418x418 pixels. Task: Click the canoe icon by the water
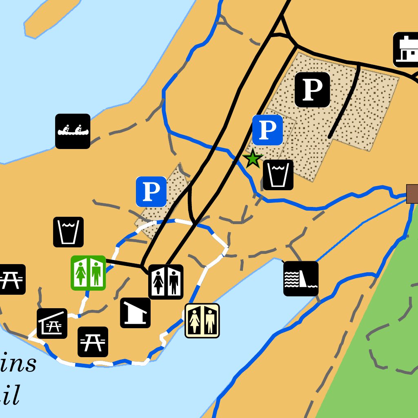click(x=73, y=131)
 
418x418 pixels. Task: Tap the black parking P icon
click(x=312, y=90)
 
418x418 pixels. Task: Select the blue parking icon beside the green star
click(x=267, y=130)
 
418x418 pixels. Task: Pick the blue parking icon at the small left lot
click(x=151, y=191)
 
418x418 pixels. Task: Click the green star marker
click(x=253, y=159)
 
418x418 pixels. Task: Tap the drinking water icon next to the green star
click(x=278, y=175)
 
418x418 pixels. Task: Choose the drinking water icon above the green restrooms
click(x=68, y=232)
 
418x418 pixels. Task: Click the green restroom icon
click(x=88, y=273)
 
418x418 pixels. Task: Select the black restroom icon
click(x=166, y=282)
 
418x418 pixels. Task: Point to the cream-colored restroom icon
click(x=202, y=320)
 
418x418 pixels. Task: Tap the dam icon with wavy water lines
click(x=301, y=278)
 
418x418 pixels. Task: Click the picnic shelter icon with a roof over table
click(x=52, y=323)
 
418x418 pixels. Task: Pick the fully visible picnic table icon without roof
click(x=93, y=342)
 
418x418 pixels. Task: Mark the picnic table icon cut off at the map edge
click(x=11, y=279)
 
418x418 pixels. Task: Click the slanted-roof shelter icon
click(x=135, y=313)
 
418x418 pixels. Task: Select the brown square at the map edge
click(x=412, y=193)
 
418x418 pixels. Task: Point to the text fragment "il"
click(x=10, y=396)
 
